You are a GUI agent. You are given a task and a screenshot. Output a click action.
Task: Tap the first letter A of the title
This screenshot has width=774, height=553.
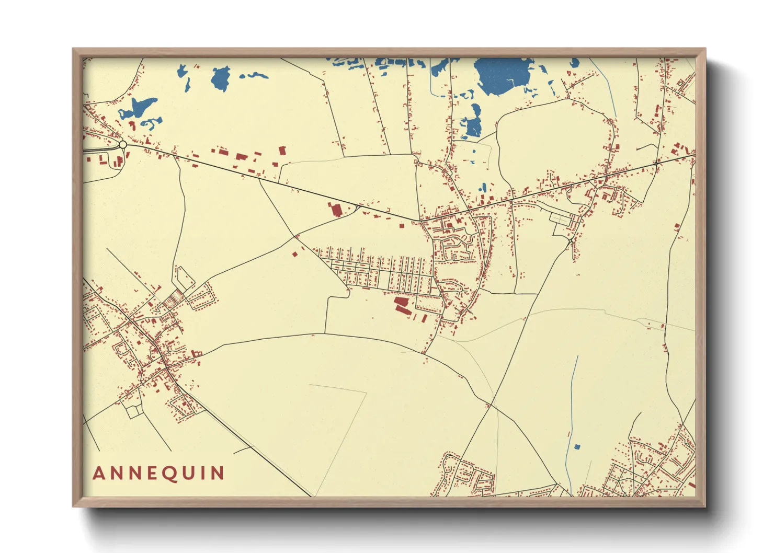(x=98, y=474)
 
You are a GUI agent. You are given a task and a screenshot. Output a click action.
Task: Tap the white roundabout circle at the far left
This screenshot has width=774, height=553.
(x=123, y=144)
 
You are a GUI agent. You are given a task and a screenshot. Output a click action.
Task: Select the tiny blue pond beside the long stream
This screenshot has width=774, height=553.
(x=577, y=447)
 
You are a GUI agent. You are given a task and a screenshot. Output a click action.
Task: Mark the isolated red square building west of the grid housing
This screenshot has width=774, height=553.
(x=294, y=254)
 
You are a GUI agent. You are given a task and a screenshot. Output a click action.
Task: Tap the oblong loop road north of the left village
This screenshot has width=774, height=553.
(x=184, y=278)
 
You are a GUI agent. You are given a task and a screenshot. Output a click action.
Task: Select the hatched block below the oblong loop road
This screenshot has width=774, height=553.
(x=171, y=300)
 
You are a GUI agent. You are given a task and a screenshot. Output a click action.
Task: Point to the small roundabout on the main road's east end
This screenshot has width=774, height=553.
(x=655, y=164)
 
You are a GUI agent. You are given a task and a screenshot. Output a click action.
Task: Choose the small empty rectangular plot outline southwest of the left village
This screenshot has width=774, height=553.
(x=133, y=411)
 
